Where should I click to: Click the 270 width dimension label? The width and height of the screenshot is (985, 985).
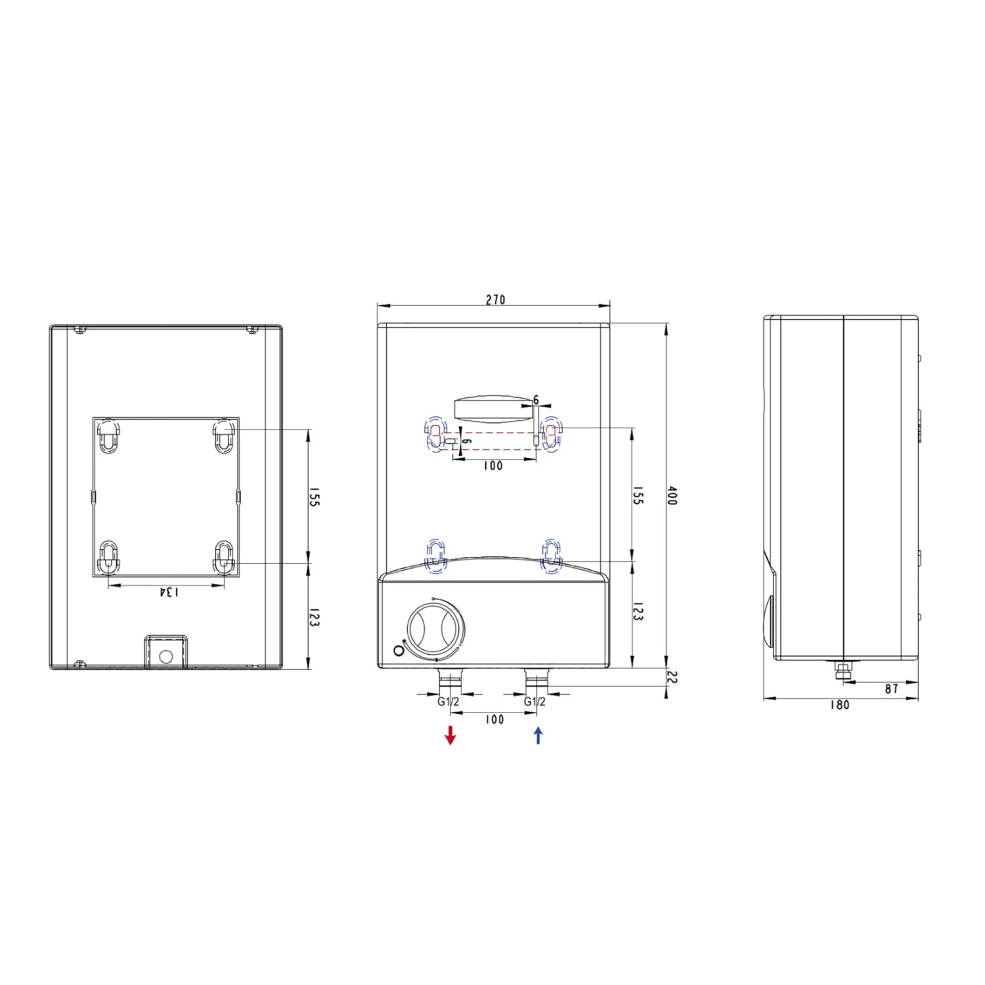click(495, 299)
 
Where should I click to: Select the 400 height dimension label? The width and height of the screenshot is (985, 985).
click(671, 496)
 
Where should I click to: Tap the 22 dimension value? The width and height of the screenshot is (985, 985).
click(671, 677)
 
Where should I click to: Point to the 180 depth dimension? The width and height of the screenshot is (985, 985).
click(839, 705)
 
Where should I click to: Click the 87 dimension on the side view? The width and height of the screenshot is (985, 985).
click(891, 689)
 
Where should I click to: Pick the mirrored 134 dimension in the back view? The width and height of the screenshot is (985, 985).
click(168, 592)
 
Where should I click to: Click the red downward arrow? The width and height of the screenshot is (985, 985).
click(450, 735)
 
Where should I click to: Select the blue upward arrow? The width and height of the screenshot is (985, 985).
click(538, 735)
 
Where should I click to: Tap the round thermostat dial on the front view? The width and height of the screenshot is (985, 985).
click(435, 628)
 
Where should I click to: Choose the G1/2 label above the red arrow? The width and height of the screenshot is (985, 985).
click(449, 701)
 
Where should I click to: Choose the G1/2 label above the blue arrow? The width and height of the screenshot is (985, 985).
click(535, 701)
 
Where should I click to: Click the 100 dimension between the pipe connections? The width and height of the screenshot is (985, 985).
click(494, 720)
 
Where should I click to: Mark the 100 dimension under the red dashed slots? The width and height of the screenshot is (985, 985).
click(492, 466)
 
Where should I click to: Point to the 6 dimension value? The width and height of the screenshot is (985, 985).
click(536, 400)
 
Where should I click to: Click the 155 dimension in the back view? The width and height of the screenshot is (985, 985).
click(314, 496)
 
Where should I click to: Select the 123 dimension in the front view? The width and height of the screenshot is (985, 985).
click(637, 611)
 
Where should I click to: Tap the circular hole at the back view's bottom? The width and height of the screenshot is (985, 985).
click(165, 656)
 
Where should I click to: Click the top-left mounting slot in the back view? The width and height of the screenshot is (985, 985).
click(109, 434)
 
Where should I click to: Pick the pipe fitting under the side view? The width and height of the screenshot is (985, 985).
click(841, 670)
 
